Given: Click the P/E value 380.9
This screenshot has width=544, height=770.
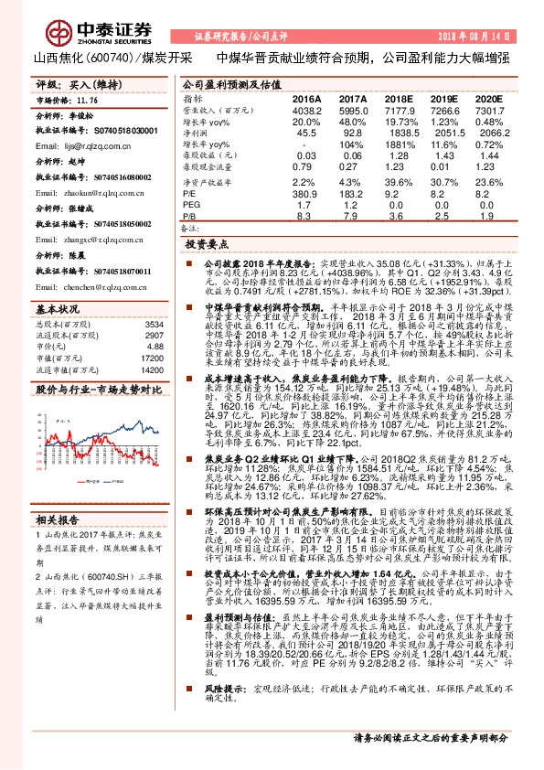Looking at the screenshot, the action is pos(306,193).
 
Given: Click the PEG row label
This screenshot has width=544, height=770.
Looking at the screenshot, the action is pos(192,205).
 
